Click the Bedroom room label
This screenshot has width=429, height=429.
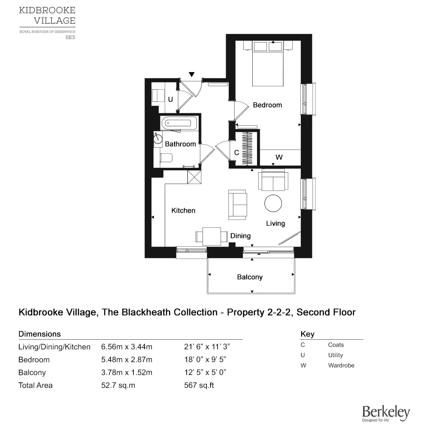[x=267, y=105]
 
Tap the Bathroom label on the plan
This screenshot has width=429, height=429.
[x=180, y=144]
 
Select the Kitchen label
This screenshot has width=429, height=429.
[x=183, y=211]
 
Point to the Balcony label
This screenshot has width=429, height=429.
[x=250, y=277]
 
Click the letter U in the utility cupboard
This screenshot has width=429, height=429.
[x=170, y=100]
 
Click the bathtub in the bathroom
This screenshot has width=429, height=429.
[x=178, y=123]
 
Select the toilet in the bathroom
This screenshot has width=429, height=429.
[x=165, y=158]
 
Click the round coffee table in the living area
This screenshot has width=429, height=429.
[x=273, y=203]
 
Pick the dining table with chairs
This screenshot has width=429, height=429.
[x=211, y=236]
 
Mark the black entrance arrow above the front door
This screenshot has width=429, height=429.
[x=192, y=75]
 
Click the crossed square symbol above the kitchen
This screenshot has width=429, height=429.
[x=194, y=176]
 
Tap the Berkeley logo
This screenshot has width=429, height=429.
[x=386, y=414]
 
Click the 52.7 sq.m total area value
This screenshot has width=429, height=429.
[x=118, y=385]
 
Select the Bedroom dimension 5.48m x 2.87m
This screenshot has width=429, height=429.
[x=127, y=360]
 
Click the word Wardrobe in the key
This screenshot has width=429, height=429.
[x=341, y=366]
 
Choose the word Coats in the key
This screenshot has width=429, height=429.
[x=336, y=345]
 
